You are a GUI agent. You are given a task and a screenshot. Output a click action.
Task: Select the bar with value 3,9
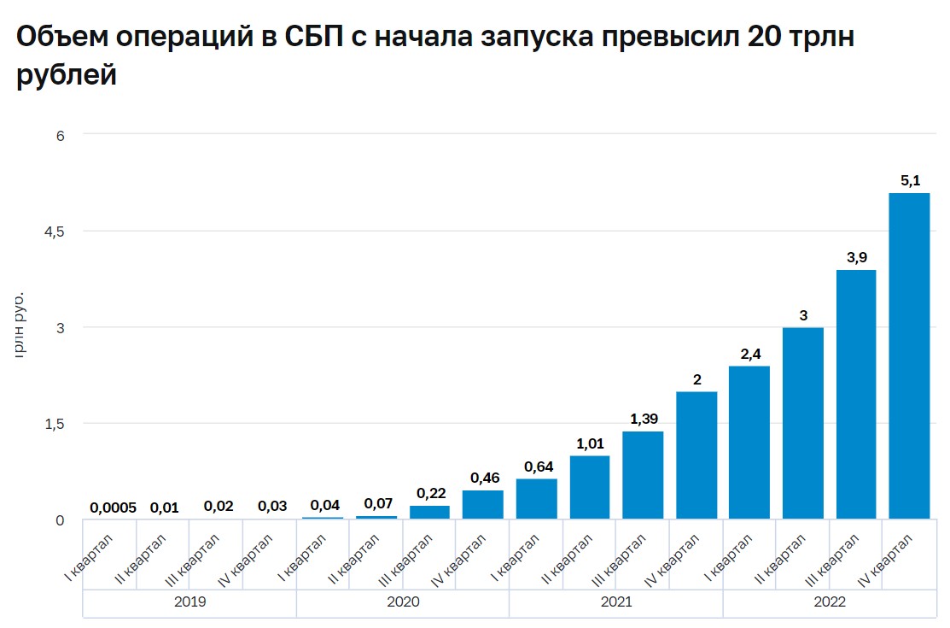[x=856, y=394]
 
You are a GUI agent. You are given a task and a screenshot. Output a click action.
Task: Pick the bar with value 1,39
[x=643, y=474]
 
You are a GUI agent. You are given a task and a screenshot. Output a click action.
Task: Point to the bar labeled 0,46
[x=483, y=504]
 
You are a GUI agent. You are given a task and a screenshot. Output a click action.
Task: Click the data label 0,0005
[x=112, y=508]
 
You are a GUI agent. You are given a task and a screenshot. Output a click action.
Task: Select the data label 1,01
[x=590, y=443]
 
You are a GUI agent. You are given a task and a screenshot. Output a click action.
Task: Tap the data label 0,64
[x=537, y=467]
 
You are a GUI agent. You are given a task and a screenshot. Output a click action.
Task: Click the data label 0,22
[x=430, y=493]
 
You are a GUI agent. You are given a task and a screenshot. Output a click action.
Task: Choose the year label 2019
[x=189, y=602]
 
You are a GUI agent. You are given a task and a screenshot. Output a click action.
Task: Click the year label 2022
[x=830, y=602]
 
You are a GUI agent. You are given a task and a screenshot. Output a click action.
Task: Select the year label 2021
[x=616, y=602]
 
